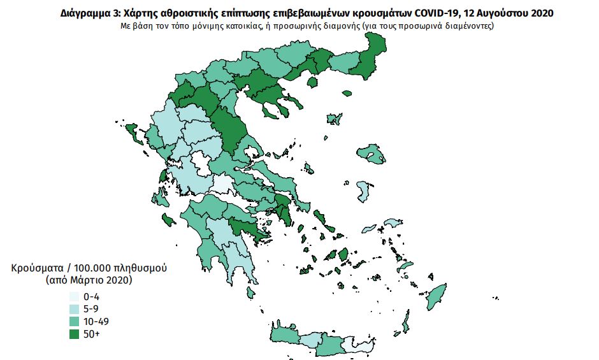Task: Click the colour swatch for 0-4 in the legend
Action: point(74,297)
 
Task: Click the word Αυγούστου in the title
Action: point(503,12)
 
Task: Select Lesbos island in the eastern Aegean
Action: point(372,153)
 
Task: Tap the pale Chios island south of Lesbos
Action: point(364,191)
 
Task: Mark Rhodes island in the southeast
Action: point(437,296)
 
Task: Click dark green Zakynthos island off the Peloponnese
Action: point(169,220)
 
